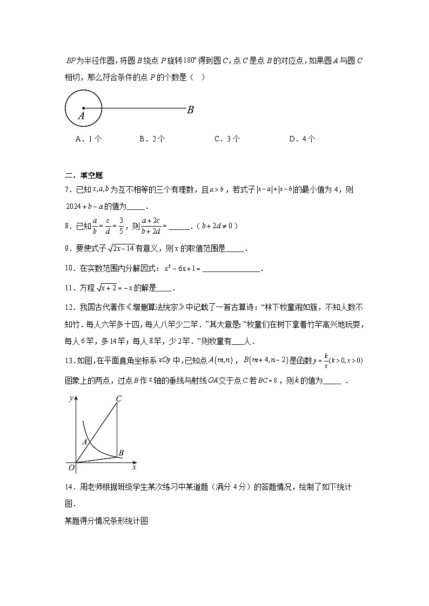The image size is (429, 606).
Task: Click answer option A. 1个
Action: pyautogui.click(x=89, y=139)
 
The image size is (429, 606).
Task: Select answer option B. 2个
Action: pyautogui.click(x=152, y=139)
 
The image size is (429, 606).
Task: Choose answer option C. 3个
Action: pyautogui.click(x=227, y=139)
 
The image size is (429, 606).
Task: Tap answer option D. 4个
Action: pyautogui.click(x=302, y=139)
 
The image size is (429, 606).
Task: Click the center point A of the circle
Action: pyautogui.click(x=83, y=108)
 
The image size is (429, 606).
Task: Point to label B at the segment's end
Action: pyautogui.click(x=190, y=110)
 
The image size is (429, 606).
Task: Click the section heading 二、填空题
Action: pyautogui.click(x=84, y=175)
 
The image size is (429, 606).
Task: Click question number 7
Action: pyautogui.click(x=68, y=190)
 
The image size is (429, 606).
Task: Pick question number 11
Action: pyautogui.click(x=69, y=288)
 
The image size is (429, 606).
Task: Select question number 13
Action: pyautogui.click(x=69, y=361)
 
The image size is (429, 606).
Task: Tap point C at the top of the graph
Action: pyautogui.click(x=118, y=399)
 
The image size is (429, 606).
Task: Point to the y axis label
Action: pyautogui.click(x=71, y=399)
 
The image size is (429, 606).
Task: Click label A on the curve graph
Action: pyautogui.click(x=84, y=441)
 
